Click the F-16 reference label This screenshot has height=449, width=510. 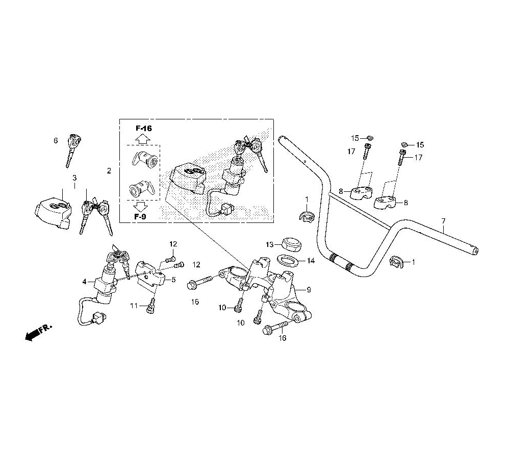[143, 128]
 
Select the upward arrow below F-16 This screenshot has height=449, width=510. [142, 139]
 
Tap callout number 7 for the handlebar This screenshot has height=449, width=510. [443, 221]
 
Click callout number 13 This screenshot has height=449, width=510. [270, 244]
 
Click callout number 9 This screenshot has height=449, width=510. [309, 289]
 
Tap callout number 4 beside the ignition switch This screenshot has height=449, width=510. [85, 282]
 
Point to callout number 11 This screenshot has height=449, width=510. [134, 306]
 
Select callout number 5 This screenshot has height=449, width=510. [173, 280]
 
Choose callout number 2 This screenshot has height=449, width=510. [109, 170]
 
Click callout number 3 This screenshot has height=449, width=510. [74, 178]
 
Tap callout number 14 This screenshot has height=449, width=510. [311, 261]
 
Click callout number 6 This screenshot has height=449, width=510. [56, 140]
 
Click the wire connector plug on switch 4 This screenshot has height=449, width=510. [99, 317]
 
